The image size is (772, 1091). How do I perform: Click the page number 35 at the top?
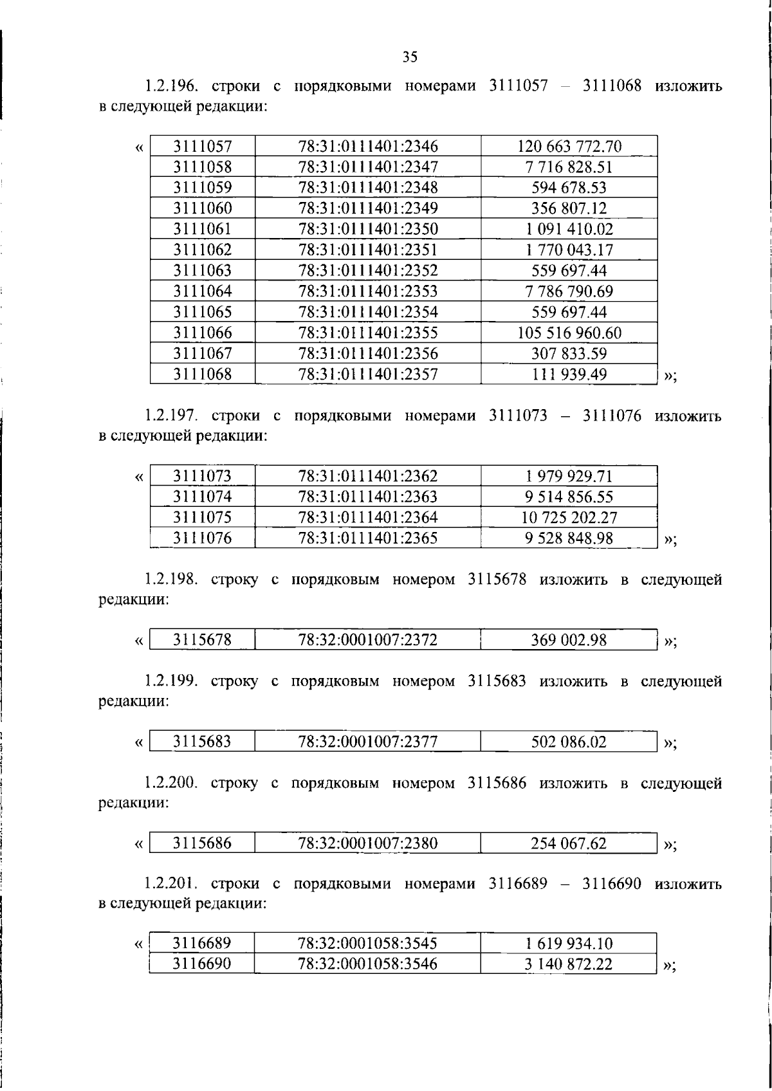[410, 57]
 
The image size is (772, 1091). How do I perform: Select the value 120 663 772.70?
[569, 147]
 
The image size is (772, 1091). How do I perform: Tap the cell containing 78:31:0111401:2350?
[367, 229]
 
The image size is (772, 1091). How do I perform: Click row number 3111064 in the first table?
[203, 291]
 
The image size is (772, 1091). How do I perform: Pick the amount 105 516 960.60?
[569, 333]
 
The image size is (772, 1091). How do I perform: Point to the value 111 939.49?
[569, 374]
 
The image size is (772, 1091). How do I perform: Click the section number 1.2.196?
[170, 86]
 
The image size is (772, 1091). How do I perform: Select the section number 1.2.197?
[170, 416]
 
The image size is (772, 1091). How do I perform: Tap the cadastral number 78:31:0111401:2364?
[367, 517]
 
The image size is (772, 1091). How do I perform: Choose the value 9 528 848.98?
[569, 538]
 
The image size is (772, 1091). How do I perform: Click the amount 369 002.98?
[569, 640]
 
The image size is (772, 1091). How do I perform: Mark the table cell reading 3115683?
[203, 742]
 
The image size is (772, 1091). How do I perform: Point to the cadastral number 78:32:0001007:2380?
[367, 843]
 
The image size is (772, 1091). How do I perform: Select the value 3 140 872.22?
[569, 964]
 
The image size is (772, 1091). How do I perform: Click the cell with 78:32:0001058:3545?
[367, 944]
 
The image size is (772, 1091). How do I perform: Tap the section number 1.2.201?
[170, 885]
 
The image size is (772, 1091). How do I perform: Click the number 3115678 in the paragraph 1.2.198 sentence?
[497, 580]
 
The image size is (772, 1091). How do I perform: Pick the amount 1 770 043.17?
[569, 250]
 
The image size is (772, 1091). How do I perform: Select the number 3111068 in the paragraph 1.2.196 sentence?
[612, 86]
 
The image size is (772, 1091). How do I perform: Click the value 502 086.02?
[569, 742]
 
